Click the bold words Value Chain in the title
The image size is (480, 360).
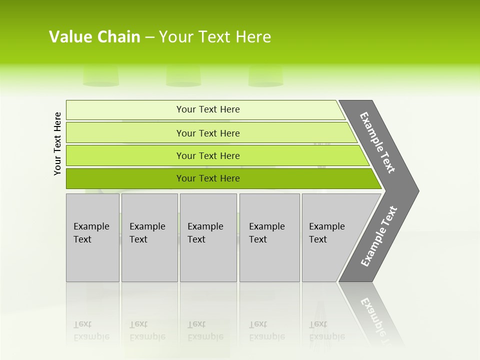click(94, 37)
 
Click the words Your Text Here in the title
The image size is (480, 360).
click(215, 37)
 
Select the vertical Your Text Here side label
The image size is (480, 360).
click(58, 143)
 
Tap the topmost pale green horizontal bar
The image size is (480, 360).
click(125, 110)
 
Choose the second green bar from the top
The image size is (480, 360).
click(125, 133)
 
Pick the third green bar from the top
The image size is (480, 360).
click(125, 155)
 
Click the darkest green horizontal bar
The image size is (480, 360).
click(125, 178)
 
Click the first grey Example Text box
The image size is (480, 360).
click(92, 237)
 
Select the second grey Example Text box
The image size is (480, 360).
click(149, 237)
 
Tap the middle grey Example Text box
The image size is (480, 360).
click(208, 237)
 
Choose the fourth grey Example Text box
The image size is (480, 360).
click(269, 237)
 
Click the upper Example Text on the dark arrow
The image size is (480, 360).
click(378, 142)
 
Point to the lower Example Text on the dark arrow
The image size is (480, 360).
click(379, 236)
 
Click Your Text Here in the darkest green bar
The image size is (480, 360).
click(208, 178)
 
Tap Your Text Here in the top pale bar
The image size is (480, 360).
click(208, 109)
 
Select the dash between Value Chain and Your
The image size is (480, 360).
click(149, 37)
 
